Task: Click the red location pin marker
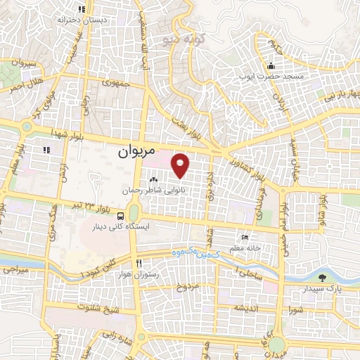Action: click(181, 165)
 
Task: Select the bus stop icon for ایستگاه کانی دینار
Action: click(122, 216)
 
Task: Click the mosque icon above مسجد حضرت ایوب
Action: click(271, 65)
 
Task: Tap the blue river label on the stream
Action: click(191, 252)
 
